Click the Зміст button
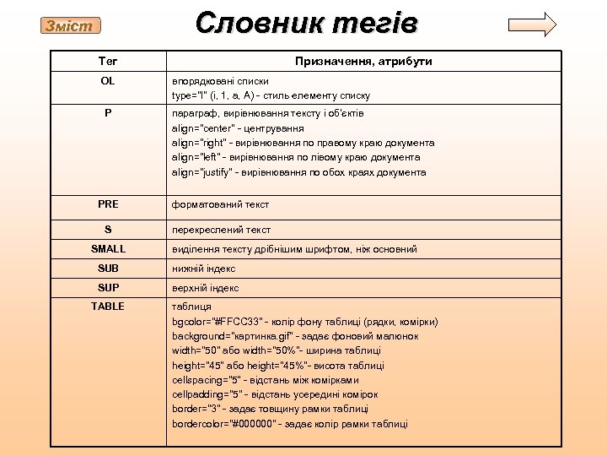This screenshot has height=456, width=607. (72, 26)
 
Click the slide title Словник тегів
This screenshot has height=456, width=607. (306, 23)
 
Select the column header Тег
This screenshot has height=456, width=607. (108, 61)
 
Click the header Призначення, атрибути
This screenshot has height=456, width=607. (363, 62)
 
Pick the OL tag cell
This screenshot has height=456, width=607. (108, 81)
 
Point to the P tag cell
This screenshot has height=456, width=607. (108, 112)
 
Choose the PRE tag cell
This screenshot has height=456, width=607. (108, 204)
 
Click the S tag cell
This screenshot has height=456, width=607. (108, 229)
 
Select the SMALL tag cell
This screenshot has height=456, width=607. (108, 249)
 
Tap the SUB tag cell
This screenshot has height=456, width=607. (108, 269)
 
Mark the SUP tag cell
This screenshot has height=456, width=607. (108, 288)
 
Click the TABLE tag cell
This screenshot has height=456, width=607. (108, 307)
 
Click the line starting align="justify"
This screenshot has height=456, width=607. (298, 172)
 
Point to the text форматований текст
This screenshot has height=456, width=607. (220, 204)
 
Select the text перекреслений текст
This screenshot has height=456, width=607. (221, 230)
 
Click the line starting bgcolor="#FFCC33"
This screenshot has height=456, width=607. (304, 322)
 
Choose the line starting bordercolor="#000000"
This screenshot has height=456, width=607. (290, 424)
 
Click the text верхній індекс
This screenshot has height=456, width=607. (206, 288)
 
